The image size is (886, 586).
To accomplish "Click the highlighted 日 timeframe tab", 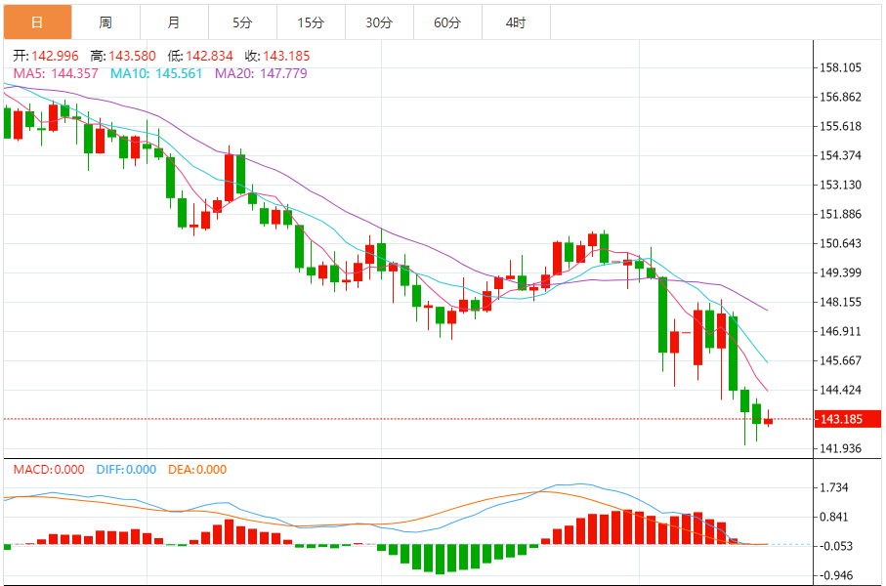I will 36,21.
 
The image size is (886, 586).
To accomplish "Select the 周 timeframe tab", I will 105,21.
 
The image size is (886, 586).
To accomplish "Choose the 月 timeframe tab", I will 174,21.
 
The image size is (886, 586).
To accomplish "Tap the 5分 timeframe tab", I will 242,21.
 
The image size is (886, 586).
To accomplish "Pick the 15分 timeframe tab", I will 311,21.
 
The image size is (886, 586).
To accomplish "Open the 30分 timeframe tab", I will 379,21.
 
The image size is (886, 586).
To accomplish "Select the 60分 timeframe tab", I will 447,21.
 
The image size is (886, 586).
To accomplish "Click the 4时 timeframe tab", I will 516,21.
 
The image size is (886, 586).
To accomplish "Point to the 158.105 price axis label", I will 841,67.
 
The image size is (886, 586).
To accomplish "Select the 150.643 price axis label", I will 841,243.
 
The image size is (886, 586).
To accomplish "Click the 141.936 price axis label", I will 841,448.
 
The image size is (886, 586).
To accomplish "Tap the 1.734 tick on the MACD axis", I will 836,487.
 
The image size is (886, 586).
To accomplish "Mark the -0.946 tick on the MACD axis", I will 836,575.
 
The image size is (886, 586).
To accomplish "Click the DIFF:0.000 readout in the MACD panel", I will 126,470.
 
